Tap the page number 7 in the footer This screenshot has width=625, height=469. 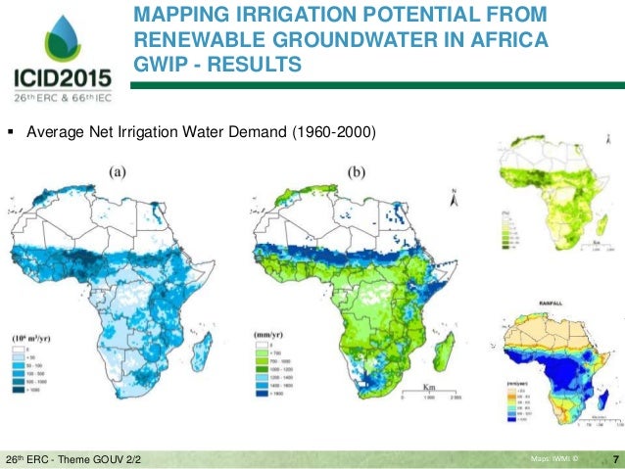[x=614, y=458]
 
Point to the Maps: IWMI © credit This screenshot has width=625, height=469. [x=554, y=458]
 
